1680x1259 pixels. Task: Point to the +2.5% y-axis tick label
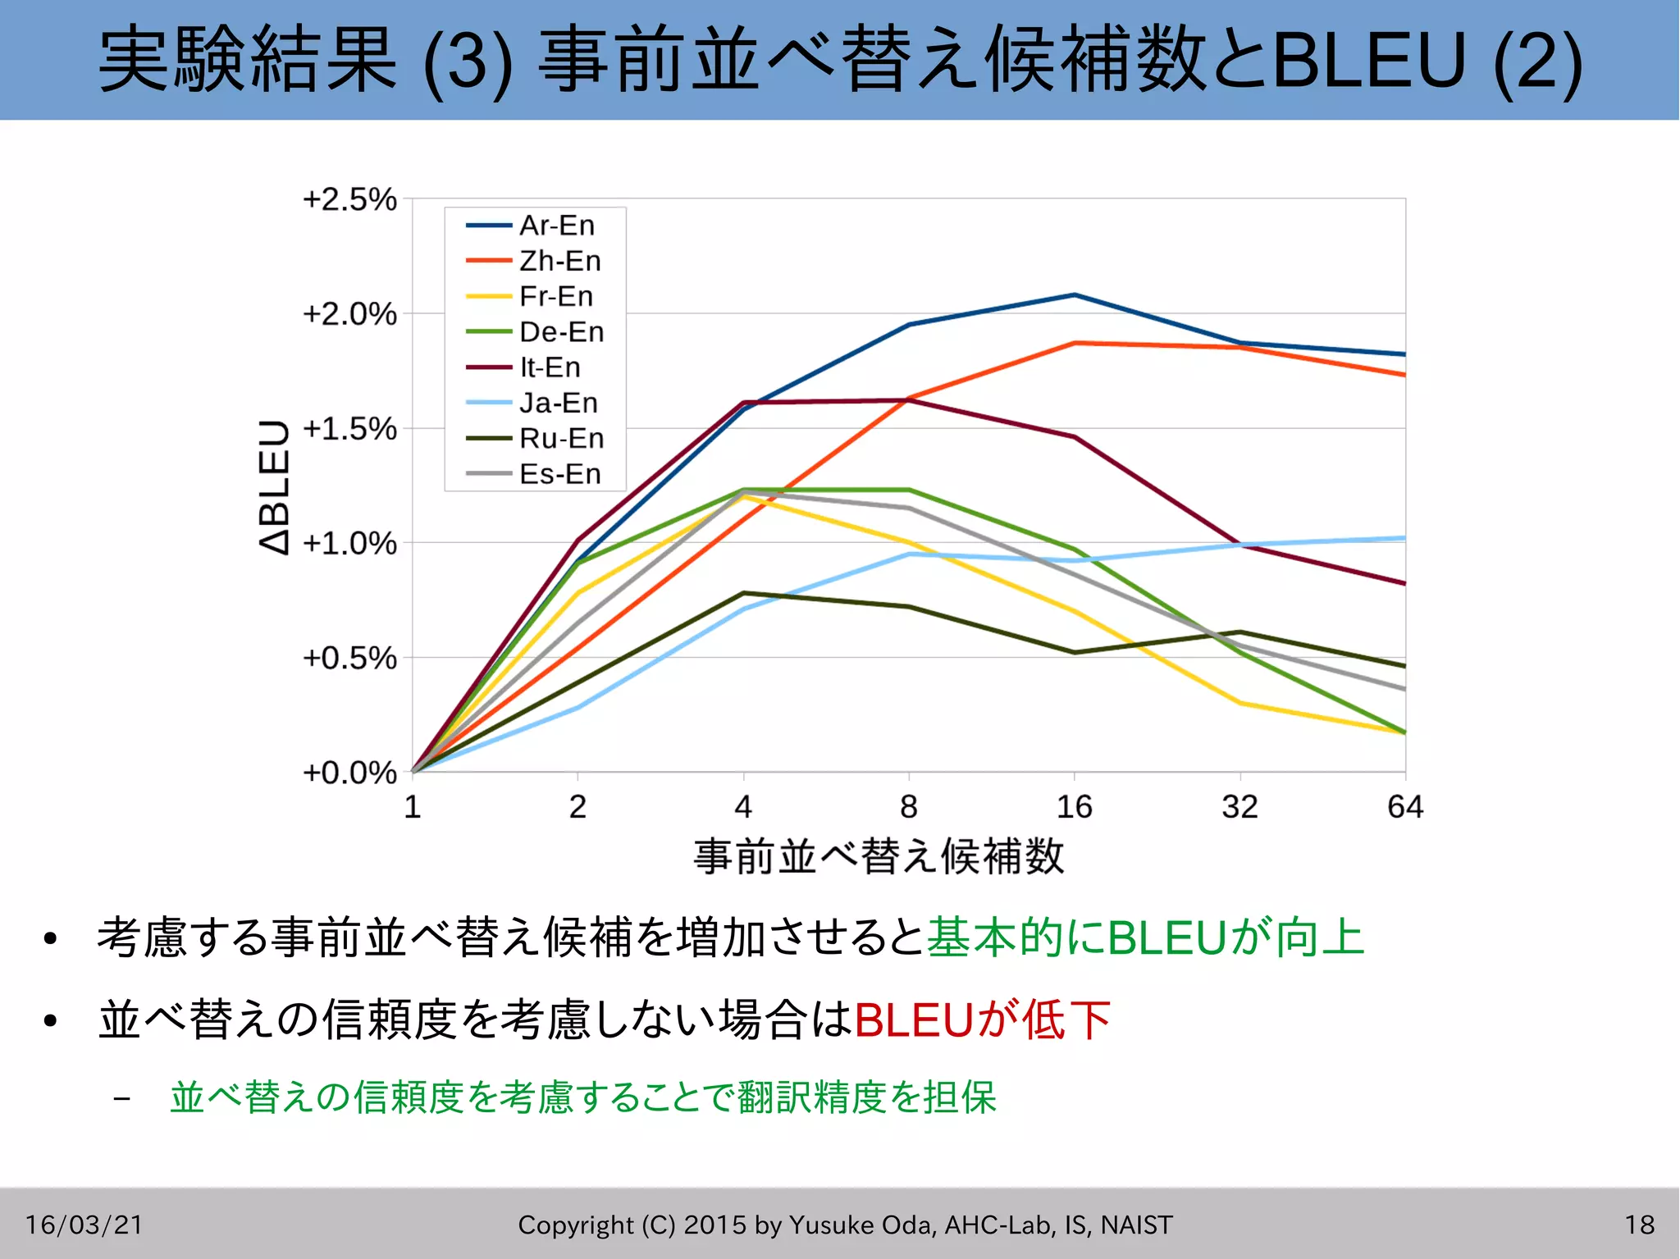(x=349, y=199)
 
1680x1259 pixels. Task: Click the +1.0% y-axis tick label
(x=349, y=543)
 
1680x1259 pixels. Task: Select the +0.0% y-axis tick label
(x=349, y=773)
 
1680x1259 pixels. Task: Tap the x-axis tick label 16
(x=1074, y=807)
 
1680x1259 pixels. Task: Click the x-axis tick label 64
(x=1404, y=807)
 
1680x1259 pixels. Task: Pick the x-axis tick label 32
(x=1239, y=807)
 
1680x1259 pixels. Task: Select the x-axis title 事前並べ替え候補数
(x=879, y=856)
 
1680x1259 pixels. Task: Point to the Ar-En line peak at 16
(x=1075, y=294)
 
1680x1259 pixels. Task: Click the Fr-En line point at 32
(x=1239, y=703)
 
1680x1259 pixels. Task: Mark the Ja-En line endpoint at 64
(x=1404, y=538)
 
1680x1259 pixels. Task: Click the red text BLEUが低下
(x=982, y=1020)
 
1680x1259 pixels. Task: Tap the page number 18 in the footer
(x=1639, y=1225)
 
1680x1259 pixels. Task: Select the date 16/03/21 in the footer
(x=84, y=1225)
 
